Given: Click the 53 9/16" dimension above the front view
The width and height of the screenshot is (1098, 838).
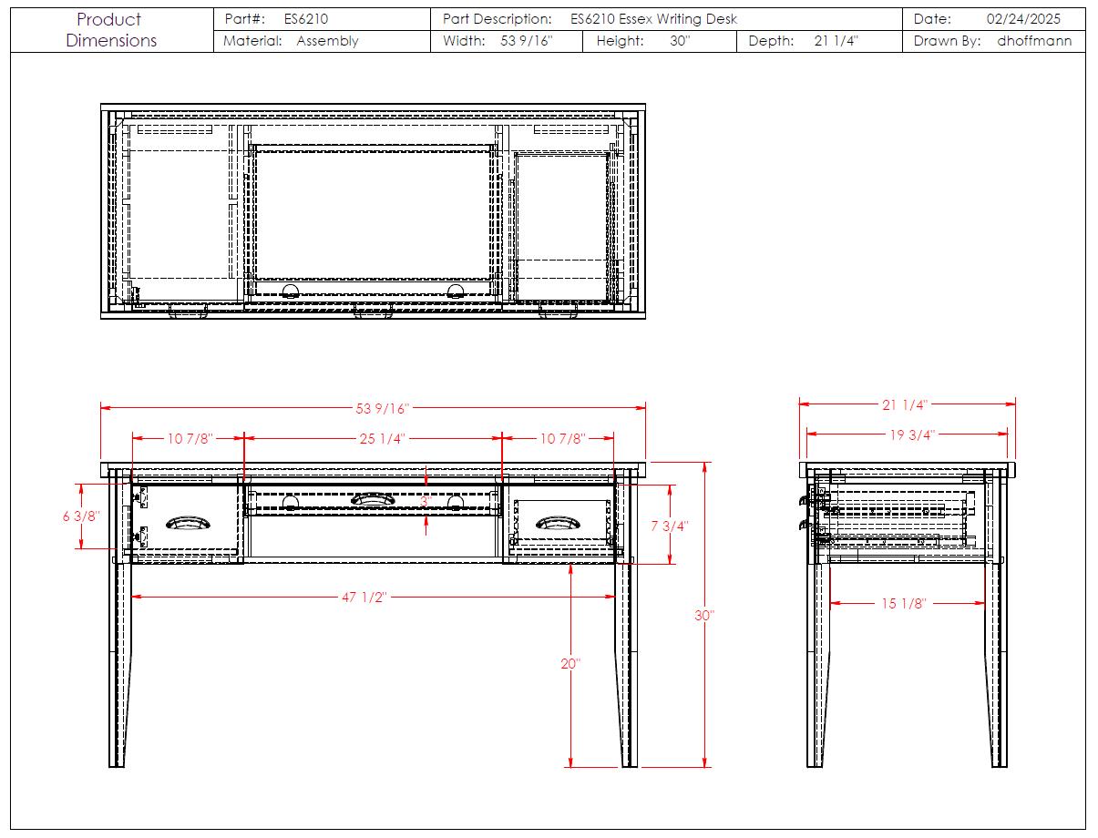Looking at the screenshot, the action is [382, 408].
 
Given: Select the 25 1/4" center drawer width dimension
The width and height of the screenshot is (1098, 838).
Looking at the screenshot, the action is [382, 438].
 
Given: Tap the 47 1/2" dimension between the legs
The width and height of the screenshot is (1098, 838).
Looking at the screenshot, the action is [364, 597].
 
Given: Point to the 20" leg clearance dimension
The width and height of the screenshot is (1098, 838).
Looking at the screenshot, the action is [570, 663].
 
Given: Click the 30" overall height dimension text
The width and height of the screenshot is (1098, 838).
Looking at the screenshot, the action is [704, 615].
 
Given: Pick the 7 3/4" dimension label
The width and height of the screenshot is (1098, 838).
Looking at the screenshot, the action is [670, 526].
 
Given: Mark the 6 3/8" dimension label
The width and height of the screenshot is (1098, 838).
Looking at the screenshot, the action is [81, 516].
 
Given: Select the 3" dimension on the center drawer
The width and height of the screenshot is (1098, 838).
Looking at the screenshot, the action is [426, 501].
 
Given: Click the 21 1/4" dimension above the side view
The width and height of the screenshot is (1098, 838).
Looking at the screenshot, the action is [905, 404].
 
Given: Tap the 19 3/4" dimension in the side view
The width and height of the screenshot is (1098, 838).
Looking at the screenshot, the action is [912, 434].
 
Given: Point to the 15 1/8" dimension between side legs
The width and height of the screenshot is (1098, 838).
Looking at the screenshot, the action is [903, 603].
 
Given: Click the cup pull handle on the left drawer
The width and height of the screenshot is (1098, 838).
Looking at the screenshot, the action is [188, 523].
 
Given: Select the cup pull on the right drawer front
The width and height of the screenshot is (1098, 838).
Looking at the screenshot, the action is [558, 523].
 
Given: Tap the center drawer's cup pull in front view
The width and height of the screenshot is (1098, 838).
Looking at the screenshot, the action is [373, 499].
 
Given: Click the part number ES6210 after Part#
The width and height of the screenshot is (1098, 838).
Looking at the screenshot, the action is [306, 19].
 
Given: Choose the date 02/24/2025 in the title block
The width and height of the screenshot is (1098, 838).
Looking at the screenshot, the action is [1023, 19].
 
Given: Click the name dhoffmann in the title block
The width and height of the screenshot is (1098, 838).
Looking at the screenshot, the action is [1034, 40].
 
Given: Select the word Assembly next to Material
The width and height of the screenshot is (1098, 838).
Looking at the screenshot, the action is [327, 40].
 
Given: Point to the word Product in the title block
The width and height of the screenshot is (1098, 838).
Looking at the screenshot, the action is [109, 19].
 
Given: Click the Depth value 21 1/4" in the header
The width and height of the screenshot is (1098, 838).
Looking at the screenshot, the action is [836, 40].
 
